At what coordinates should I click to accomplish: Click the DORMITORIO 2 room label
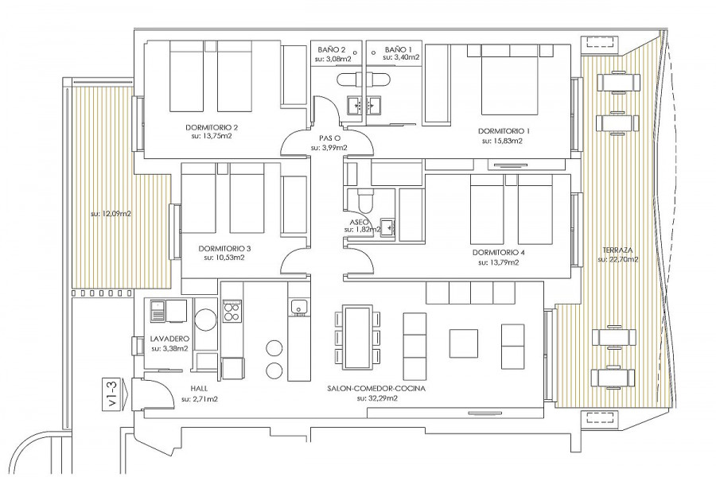click(x=212, y=127)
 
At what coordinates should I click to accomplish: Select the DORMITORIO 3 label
click(x=224, y=249)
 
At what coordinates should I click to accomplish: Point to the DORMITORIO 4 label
click(x=499, y=253)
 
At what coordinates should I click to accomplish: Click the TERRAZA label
click(x=617, y=250)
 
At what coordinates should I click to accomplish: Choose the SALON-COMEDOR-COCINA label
click(x=376, y=389)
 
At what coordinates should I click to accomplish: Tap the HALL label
click(x=199, y=389)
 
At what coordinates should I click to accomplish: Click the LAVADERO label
click(x=170, y=339)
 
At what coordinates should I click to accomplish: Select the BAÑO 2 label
click(x=331, y=49)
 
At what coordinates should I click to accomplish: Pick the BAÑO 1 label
click(x=399, y=49)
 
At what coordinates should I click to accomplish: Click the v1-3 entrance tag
click(x=112, y=394)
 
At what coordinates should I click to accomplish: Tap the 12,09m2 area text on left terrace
click(x=111, y=213)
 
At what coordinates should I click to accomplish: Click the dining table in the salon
click(x=357, y=337)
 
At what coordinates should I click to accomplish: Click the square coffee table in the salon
click(x=464, y=343)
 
